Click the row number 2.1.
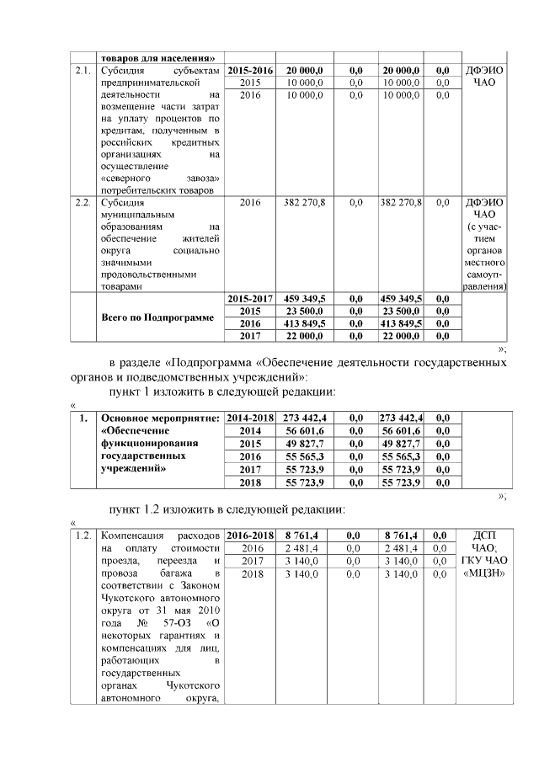point(82,70)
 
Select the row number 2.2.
point(82,203)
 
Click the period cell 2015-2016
point(251,70)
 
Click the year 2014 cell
point(251,430)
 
